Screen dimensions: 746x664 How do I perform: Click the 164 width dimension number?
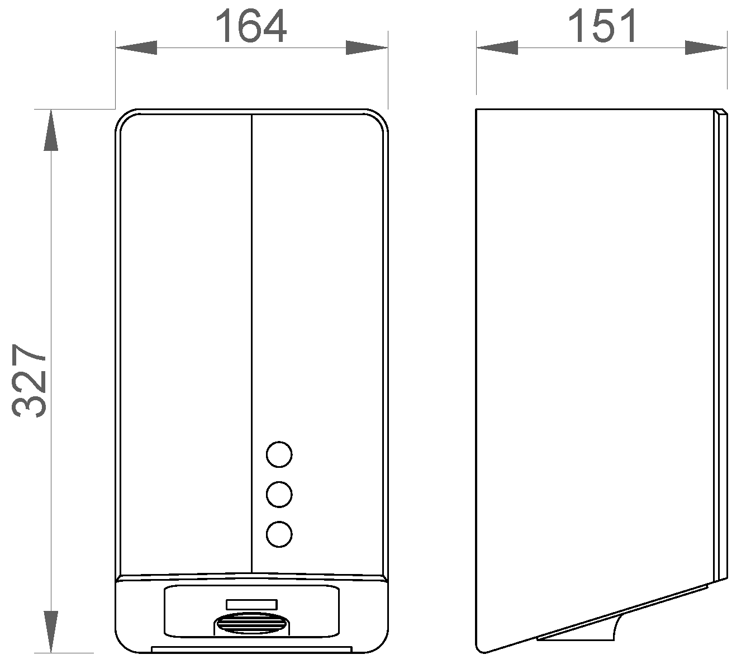250,26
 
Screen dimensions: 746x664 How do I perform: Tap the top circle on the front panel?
279,454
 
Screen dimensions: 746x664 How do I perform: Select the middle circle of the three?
279,494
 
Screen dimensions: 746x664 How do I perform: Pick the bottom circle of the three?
279,534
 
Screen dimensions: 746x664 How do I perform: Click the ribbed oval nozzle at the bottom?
251,624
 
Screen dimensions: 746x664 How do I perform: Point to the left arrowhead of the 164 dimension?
136,48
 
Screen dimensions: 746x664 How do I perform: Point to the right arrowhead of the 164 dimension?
367,48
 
